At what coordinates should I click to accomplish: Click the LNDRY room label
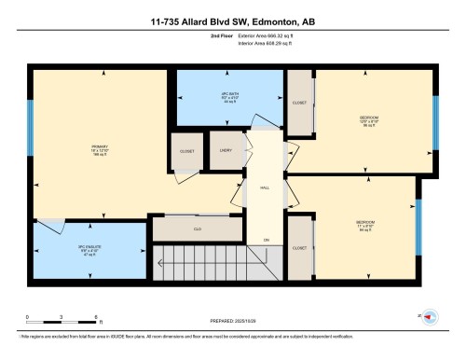[x=226, y=150]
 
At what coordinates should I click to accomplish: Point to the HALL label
[x=266, y=186]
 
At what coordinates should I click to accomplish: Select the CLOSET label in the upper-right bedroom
[x=299, y=104]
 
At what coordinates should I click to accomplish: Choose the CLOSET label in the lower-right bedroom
[x=299, y=248]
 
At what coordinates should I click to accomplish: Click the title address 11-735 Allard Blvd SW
[x=233, y=21]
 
